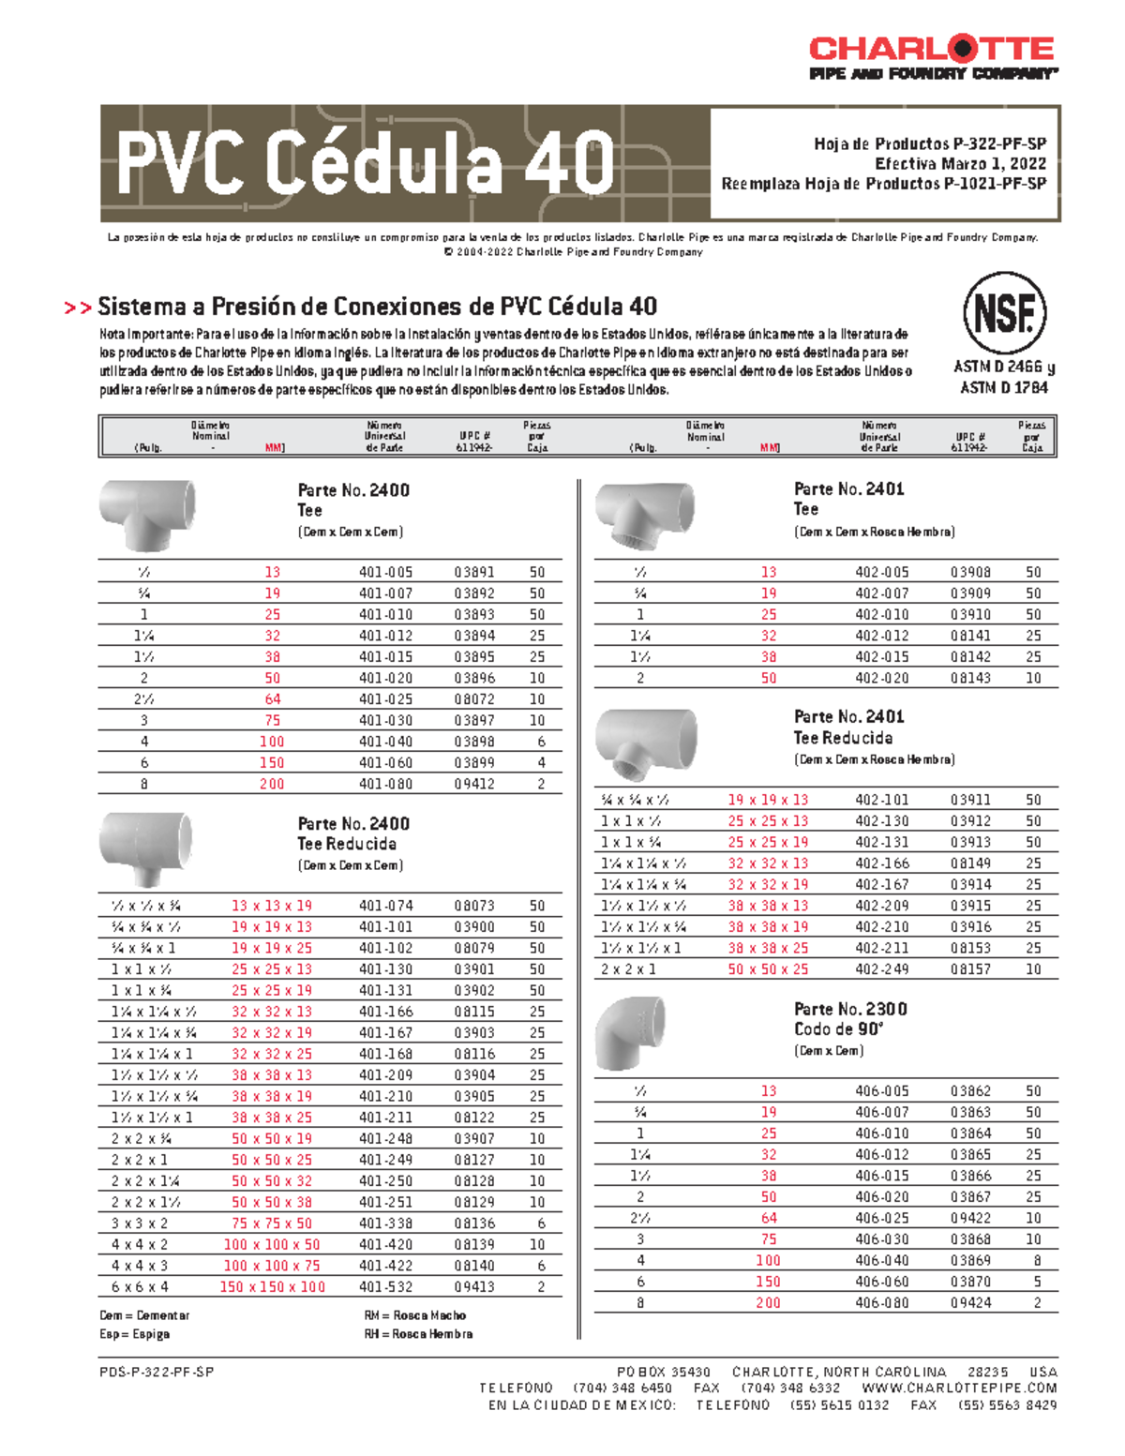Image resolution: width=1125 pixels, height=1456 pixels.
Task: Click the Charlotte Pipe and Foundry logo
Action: coord(932,57)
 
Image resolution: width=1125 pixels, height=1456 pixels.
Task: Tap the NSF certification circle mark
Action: coord(1004,313)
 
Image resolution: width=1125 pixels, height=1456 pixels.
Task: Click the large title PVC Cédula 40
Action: coord(365,163)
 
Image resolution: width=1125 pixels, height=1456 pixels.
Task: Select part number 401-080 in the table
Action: coord(384,784)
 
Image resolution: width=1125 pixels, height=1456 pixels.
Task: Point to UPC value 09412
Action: coord(474,784)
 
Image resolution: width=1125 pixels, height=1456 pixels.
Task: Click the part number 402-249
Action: coord(881,969)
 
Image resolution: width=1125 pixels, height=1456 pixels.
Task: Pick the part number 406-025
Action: coord(881,1218)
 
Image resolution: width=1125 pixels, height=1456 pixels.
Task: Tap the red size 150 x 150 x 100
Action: coord(272,1287)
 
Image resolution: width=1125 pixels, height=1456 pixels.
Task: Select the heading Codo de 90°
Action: coord(838,1029)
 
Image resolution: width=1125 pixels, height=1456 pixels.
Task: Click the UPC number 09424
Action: coord(970,1303)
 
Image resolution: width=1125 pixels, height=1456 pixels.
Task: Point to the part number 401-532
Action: coord(384,1287)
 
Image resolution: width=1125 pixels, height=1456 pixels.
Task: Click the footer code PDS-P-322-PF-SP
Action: coord(157,1372)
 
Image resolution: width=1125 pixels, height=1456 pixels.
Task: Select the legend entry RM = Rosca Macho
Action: coord(414,1315)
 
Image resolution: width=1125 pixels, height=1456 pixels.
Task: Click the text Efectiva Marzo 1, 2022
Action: coord(960,164)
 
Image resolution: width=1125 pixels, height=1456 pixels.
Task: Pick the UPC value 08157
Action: coord(970,969)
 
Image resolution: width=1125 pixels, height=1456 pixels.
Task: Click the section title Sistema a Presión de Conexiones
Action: coord(377,307)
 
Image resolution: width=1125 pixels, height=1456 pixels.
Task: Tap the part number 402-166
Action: coord(881,863)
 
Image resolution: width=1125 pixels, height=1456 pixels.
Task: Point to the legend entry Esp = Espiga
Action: coord(134,1334)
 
